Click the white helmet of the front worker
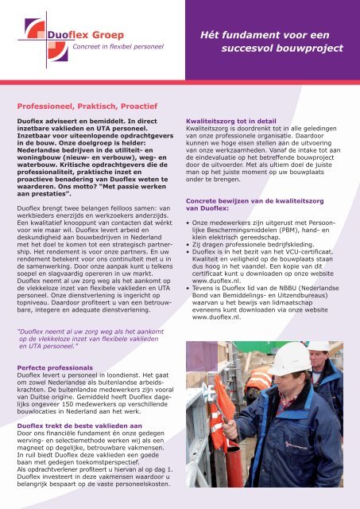click(x=291, y=359)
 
